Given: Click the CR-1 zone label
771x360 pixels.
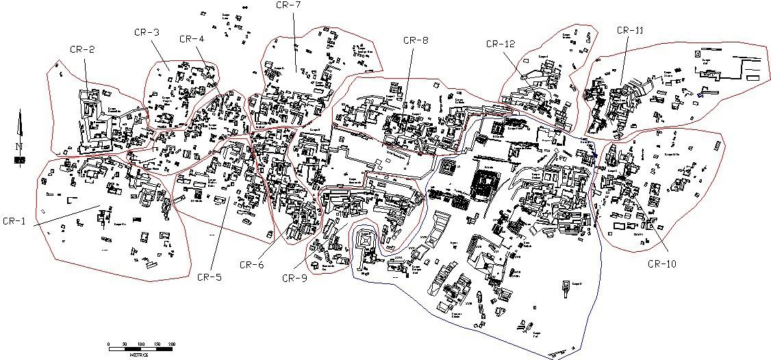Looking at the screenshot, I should (x=14, y=221).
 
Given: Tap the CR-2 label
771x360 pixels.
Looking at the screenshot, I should (x=81, y=49).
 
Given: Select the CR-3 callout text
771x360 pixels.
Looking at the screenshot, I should (x=148, y=32).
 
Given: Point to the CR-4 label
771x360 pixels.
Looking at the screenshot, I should (x=192, y=39).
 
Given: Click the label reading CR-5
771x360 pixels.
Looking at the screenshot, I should (x=209, y=277).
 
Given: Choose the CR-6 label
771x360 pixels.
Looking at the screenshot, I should (x=251, y=264).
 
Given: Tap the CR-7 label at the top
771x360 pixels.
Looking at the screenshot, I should (x=289, y=5).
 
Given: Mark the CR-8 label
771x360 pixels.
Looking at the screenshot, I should (x=416, y=40).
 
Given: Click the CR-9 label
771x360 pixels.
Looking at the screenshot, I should (x=294, y=277).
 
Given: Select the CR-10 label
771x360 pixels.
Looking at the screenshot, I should (x=661, y=264).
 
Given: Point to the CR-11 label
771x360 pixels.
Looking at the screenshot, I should (x=630, y=30).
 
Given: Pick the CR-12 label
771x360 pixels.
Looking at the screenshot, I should (x=500, y=44).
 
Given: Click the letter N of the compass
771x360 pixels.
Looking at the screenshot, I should (x=19, y=146).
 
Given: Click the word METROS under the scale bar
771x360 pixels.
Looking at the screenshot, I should (x=140, y=354).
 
